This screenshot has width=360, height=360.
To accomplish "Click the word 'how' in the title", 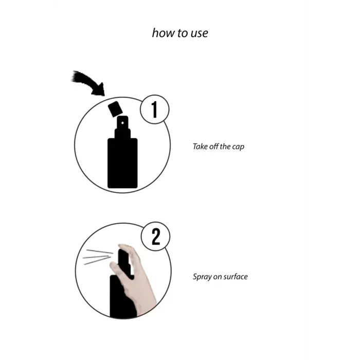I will (x=162, y=33).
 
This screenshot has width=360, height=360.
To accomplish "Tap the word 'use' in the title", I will (x=199, y=33).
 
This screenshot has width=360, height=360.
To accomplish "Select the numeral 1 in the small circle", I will (x=153, y=110).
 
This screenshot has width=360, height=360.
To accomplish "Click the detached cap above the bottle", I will (x=115, y=109).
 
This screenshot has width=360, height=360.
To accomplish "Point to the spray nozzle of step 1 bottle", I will (x=122, y=125).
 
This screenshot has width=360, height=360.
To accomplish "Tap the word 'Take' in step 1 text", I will (x=200, y=147).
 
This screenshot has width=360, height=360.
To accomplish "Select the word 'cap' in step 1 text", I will (x=238, y=147).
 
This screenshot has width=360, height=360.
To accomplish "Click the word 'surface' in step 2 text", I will (x=236, y=277).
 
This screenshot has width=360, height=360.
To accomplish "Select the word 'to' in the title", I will (x=179, y=33).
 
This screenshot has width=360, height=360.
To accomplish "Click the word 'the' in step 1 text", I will (x=225, y=147).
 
